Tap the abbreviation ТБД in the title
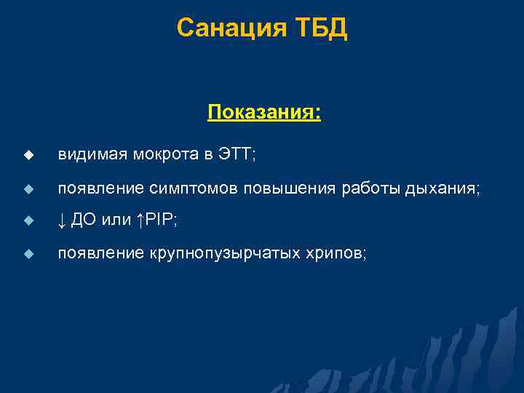point(320,28)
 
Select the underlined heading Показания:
point(264,113)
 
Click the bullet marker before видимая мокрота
point(28,155)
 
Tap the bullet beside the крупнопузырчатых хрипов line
point(28,254)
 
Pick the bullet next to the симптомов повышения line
point(28,188)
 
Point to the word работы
point(363,188)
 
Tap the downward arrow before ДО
point(62,221)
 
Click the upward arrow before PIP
point(140,221)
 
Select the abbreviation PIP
point(158,221)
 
